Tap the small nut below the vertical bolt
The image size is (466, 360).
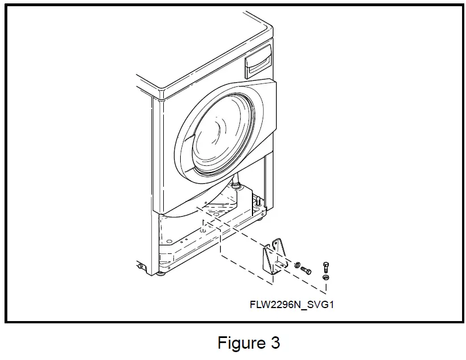(x=325, y=278)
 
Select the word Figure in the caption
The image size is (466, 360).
(x=237, y=343)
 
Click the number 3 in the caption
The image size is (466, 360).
(x=275, y=343)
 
